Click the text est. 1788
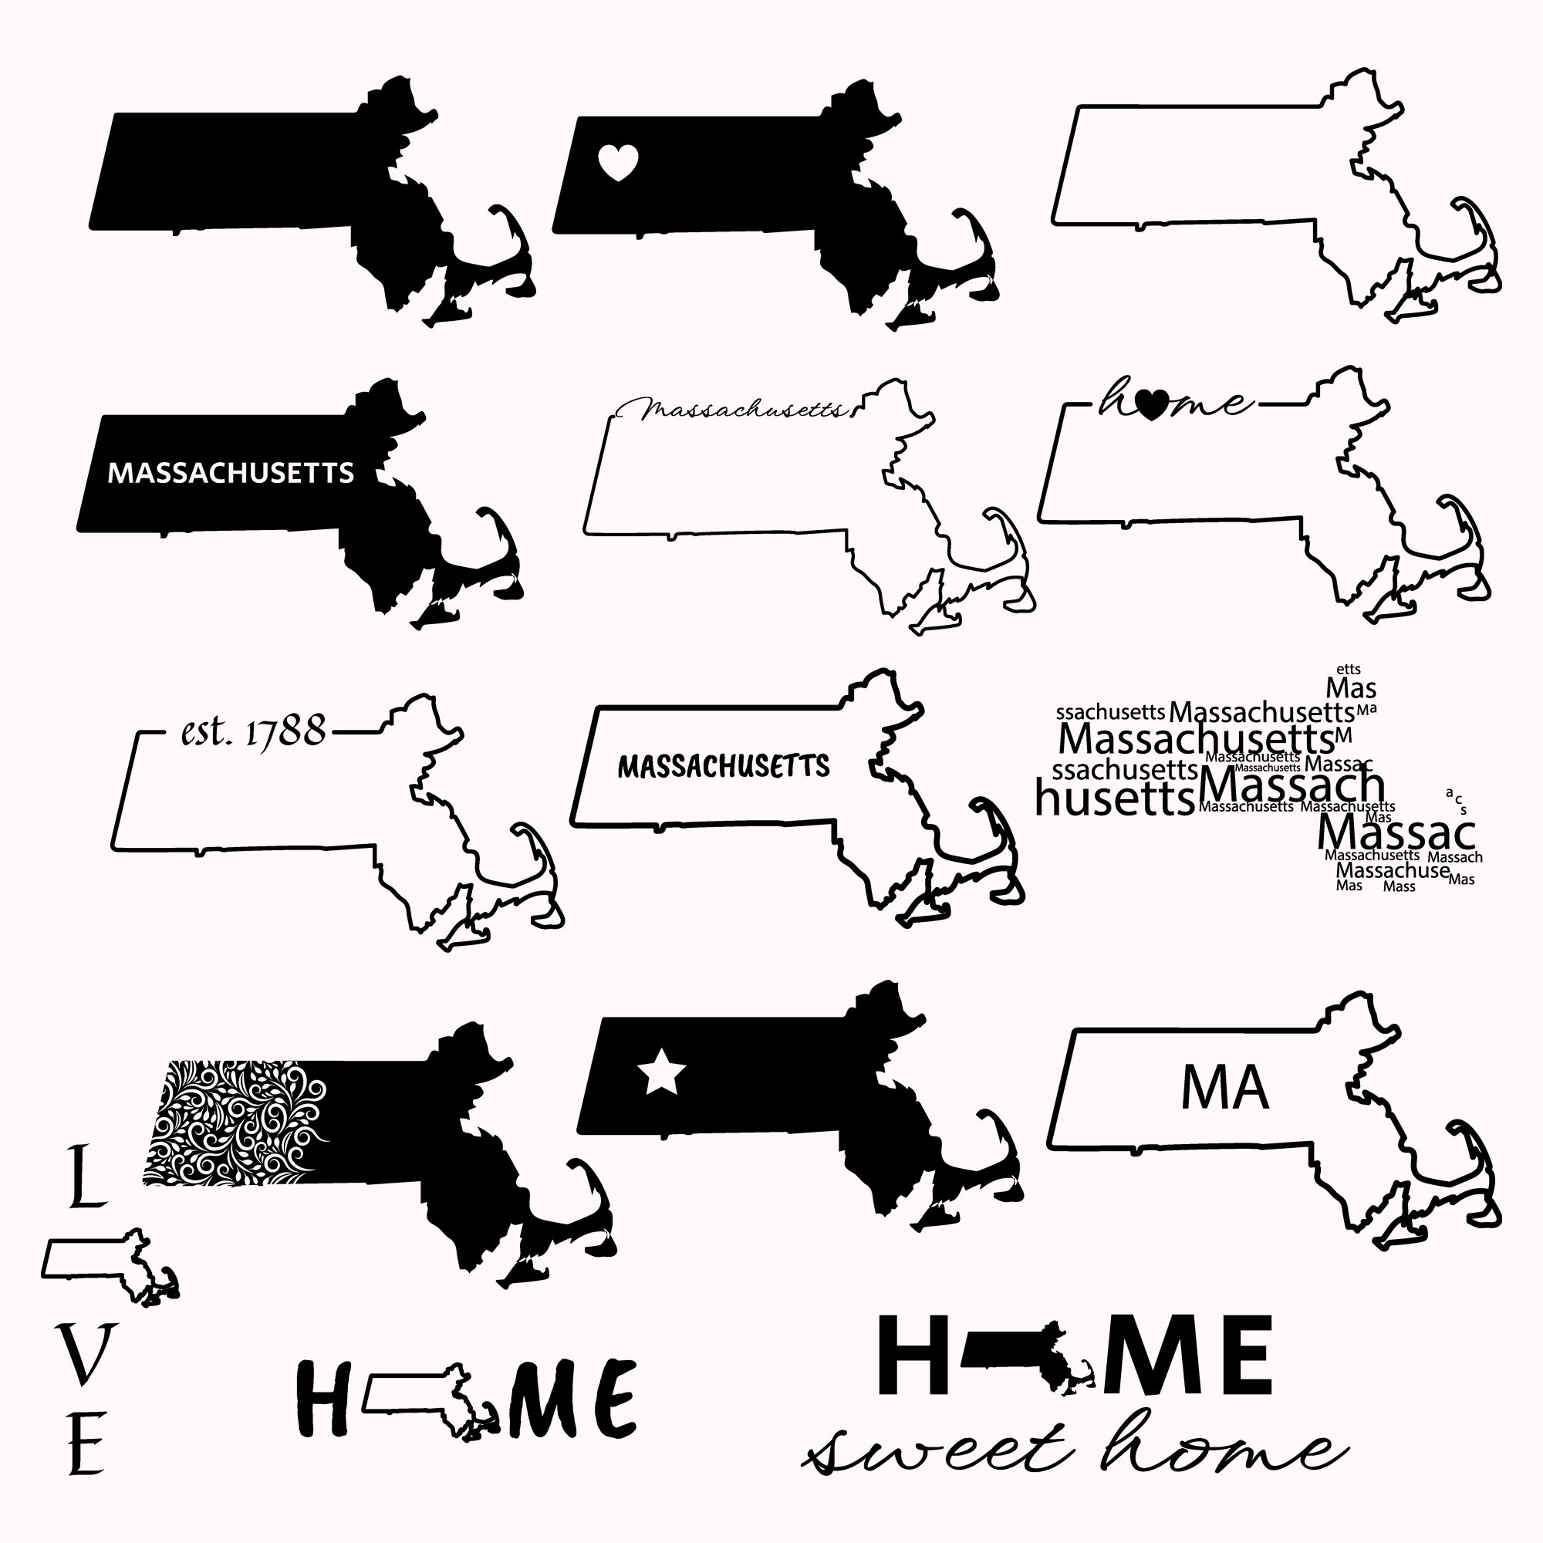[x=254, y=730]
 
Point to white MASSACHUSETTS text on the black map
[x=231, y=473]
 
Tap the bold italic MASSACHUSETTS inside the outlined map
[x=724, y=767]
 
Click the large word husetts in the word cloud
[x=1114, y=798]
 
